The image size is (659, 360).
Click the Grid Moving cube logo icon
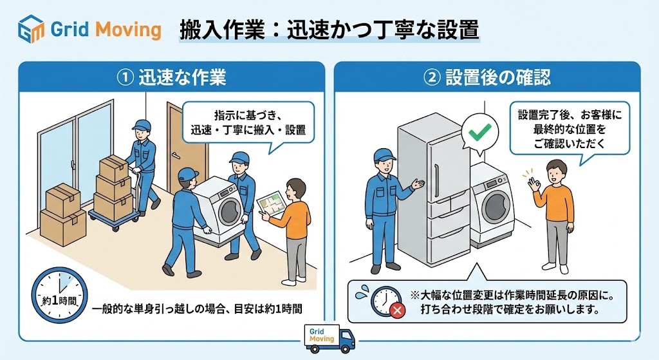click(31, 28)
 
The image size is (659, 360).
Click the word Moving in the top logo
click(128, 30)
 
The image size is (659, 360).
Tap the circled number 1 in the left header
click(125, 78)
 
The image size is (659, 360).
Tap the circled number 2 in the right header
click(432, 78)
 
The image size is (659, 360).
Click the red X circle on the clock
click(397, 310)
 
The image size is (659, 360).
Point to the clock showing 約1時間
click(59, 295)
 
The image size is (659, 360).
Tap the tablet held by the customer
click(271, 205)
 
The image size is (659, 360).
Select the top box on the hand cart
click(113, 167)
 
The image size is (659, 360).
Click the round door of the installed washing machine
click(496, 207)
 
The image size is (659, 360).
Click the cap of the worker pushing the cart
click(142, 124)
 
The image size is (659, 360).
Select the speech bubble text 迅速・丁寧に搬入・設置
click(248, 130)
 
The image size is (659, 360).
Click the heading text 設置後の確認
click(498, 78)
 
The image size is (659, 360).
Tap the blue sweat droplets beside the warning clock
click(362, 292)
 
